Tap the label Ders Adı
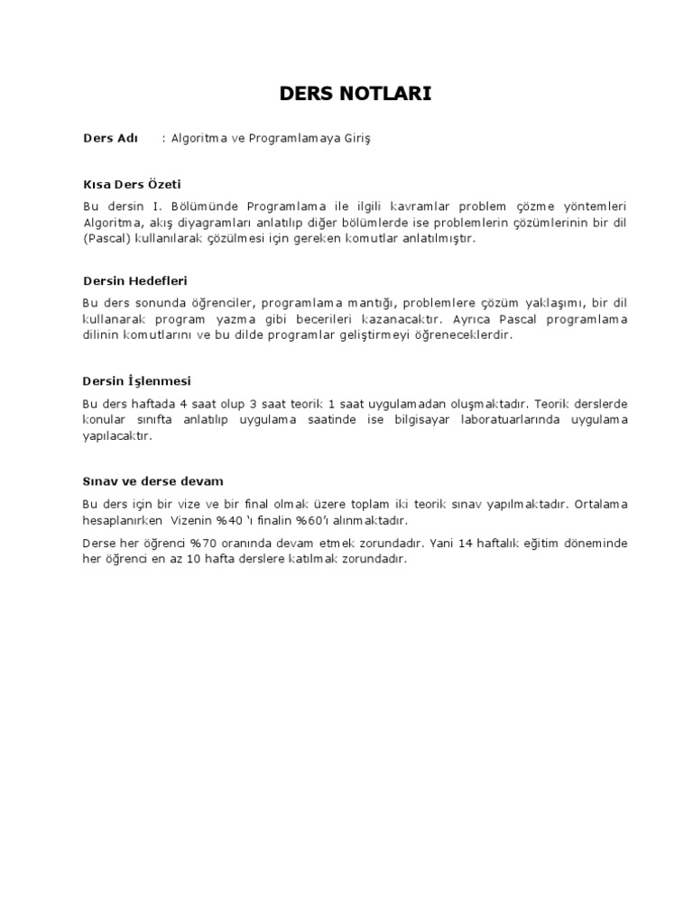(110, 139)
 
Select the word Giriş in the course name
(354, 139)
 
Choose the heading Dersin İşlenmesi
(136, 380)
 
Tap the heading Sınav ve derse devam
(152, 481)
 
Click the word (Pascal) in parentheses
(108, 239)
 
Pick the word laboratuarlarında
(502, 420)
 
